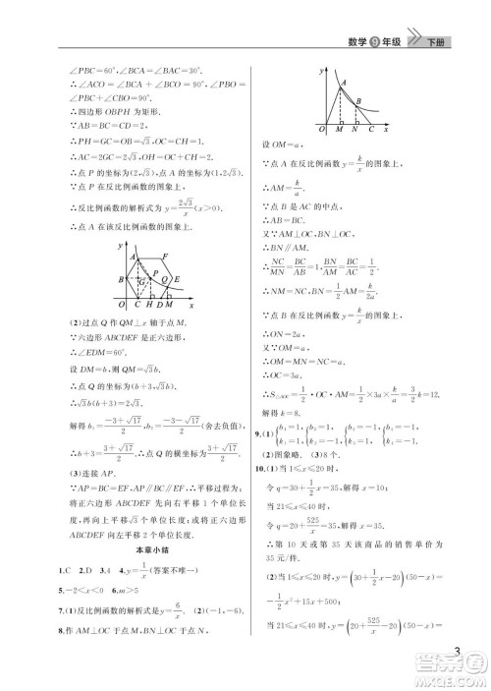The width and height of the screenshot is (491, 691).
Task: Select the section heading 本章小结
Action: click(141, 547)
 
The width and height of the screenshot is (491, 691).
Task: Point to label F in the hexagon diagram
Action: click(168, 257)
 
